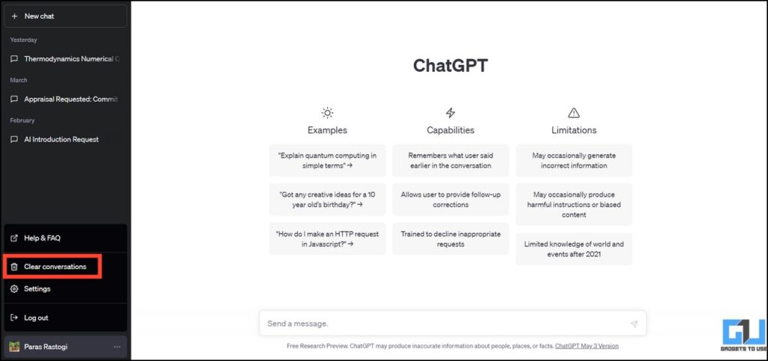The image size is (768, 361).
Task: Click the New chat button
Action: (65, 16)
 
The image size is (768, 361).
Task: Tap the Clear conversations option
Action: (55, 267)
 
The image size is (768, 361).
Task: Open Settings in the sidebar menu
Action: (37, 288)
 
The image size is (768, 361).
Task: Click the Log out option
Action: (36, 318)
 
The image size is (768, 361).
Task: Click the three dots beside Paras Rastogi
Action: (116, 347)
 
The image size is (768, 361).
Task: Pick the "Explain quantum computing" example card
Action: (328, 160)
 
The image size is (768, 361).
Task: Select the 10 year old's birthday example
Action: (328, 199)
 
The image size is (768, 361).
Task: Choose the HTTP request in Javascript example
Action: (328, 238)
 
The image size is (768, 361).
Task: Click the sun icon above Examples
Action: (328, 113)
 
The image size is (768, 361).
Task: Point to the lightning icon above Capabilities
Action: (451, 113)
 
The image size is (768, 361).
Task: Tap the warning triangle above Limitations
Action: (574, 113)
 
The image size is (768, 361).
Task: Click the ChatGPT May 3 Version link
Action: (586, 346)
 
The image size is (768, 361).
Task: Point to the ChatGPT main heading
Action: (450, 66)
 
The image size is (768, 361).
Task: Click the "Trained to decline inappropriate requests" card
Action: (451, 238)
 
